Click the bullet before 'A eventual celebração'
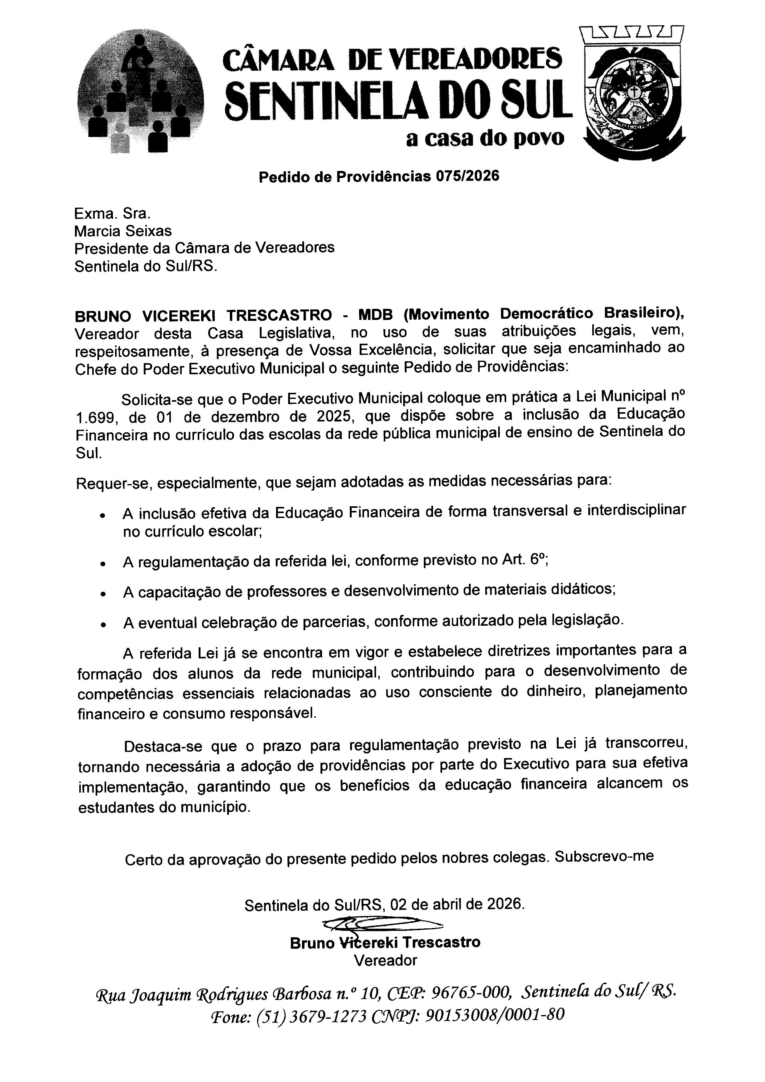tap(102, 624)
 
